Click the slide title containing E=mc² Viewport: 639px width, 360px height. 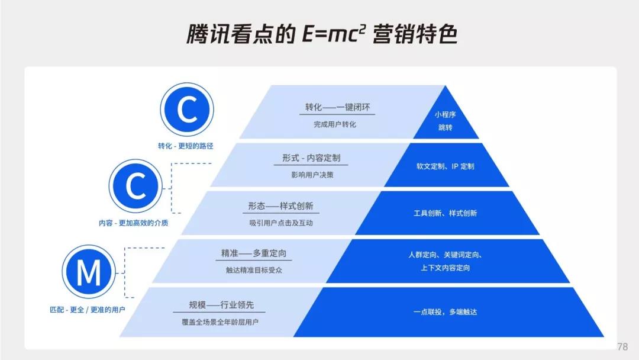click(322, 33)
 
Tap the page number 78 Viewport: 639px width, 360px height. click(622, 346)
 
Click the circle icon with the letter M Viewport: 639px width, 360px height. click(89, 272)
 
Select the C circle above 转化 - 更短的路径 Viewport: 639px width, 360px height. click(187, 110)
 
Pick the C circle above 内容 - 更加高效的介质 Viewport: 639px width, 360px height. click(135, 186)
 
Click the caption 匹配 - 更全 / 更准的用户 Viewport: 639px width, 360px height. click(87, 310)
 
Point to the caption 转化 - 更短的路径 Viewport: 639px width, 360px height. click(186, 146)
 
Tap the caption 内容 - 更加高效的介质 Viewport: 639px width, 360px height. click(133, 223)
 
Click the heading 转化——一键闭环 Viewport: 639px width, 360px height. click(337, 107)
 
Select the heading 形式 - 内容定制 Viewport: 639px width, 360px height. click(311, 157)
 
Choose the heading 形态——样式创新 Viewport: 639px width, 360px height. click(281, 206)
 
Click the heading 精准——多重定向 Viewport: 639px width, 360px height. click(254, 253)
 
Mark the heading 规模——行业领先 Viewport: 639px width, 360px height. click(221, 305)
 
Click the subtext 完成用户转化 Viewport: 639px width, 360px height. click(335, 124)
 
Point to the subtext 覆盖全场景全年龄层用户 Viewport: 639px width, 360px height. click(220, 322)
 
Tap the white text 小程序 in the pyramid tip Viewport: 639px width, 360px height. click(445, 114)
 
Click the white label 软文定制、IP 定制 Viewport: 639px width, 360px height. click(446, 166)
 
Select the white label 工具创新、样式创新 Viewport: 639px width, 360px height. click(446, 213)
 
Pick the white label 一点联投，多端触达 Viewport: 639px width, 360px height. click(446, 312)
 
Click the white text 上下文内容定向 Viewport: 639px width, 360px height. click(446, 268)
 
